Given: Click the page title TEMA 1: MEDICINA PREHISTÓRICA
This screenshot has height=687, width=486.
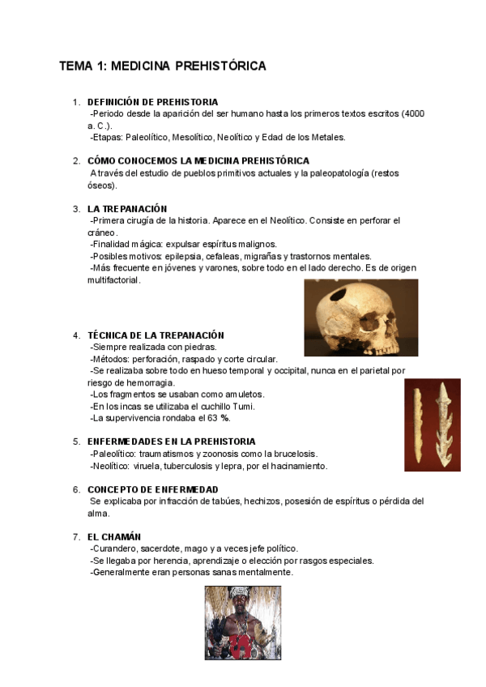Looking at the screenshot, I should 162,66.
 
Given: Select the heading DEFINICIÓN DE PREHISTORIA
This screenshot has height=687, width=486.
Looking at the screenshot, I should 152,102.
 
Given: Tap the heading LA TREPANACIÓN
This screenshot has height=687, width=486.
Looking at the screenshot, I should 127,209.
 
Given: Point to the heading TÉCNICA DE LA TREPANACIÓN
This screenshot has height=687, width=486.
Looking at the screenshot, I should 156,335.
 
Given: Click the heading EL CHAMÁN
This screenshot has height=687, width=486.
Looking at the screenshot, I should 114,537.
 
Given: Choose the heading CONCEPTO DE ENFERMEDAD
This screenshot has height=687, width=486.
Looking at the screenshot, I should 152,490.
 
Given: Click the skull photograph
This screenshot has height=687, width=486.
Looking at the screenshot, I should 360,318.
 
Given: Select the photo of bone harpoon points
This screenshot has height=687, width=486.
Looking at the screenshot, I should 432,425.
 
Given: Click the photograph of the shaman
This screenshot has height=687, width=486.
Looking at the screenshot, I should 242,623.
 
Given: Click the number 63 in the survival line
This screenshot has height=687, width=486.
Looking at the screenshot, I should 214,418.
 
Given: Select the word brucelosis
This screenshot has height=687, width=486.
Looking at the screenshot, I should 292,454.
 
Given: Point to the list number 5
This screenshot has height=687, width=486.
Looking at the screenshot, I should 76,442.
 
